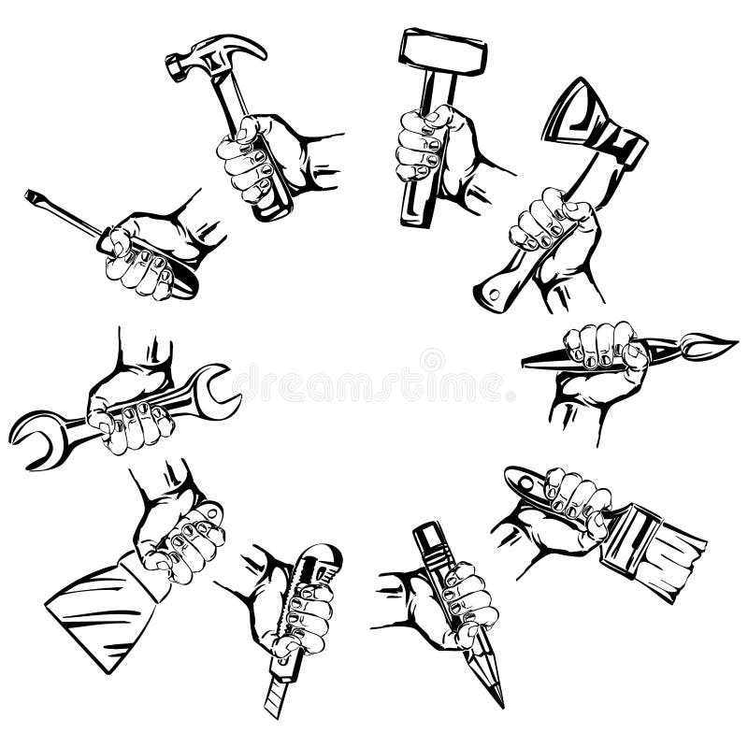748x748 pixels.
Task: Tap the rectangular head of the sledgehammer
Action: point(442,52)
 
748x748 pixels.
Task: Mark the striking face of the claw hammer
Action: point(174,65)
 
